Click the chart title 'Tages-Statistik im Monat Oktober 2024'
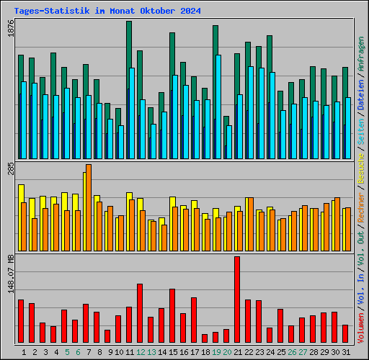107,12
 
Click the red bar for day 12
140,313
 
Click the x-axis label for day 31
345,352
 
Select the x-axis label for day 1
24,352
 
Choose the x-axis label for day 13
151,352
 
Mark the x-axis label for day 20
226,352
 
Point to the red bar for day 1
21,321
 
